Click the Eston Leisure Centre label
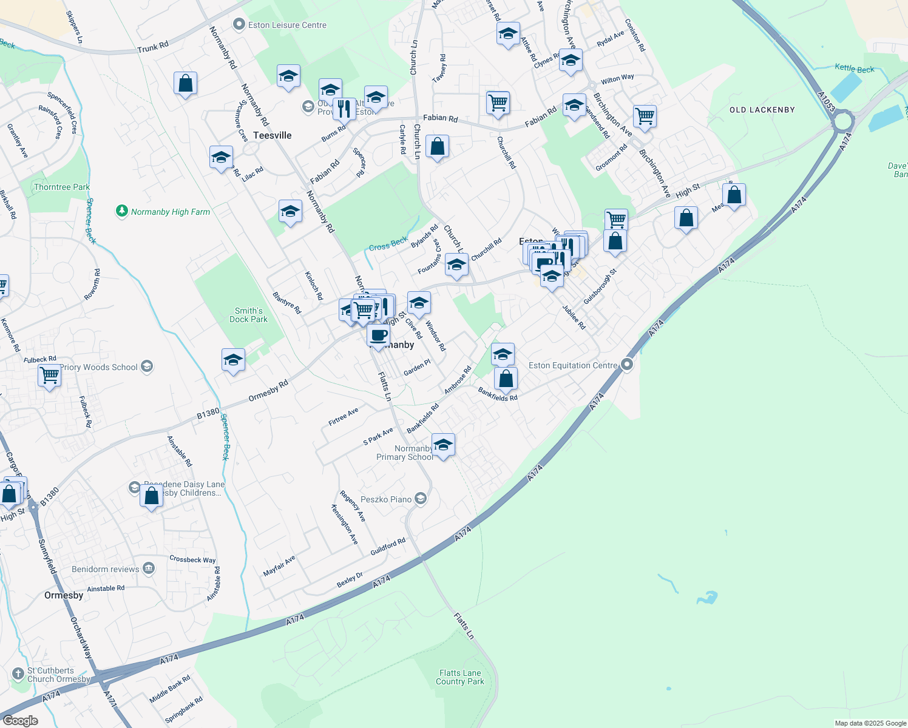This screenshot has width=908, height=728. [x=287, y=25]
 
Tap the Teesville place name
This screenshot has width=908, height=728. [x=273, y=135]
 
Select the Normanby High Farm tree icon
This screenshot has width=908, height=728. [x=122, y=211]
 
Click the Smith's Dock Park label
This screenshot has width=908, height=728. [x=249, y=315]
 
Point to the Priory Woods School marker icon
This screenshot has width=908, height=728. [x=146, y=366]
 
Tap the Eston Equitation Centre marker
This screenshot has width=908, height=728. [x=627, y=365]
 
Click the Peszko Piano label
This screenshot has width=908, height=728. [x=386, y=499]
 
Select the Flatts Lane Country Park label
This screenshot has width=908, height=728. [x=460, y=677]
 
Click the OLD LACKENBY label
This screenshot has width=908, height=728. [x=762, y=110]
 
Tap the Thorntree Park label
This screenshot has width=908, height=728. [x=62, y=187]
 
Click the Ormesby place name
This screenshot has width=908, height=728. [x=64, y=595]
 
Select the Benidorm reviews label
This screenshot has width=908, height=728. [x=106, y=569]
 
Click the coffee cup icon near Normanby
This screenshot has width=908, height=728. [x=378, y=335]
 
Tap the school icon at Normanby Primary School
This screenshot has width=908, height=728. [x=443, y=445]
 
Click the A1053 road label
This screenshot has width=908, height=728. [x=827, y=102]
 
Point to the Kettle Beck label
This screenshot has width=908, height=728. [x=855, y=69]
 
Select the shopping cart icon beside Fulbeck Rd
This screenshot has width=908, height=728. [x=49, y=375]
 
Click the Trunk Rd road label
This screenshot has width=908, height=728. [x=153, y=47]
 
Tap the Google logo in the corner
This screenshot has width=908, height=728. [x=20, y=721]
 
